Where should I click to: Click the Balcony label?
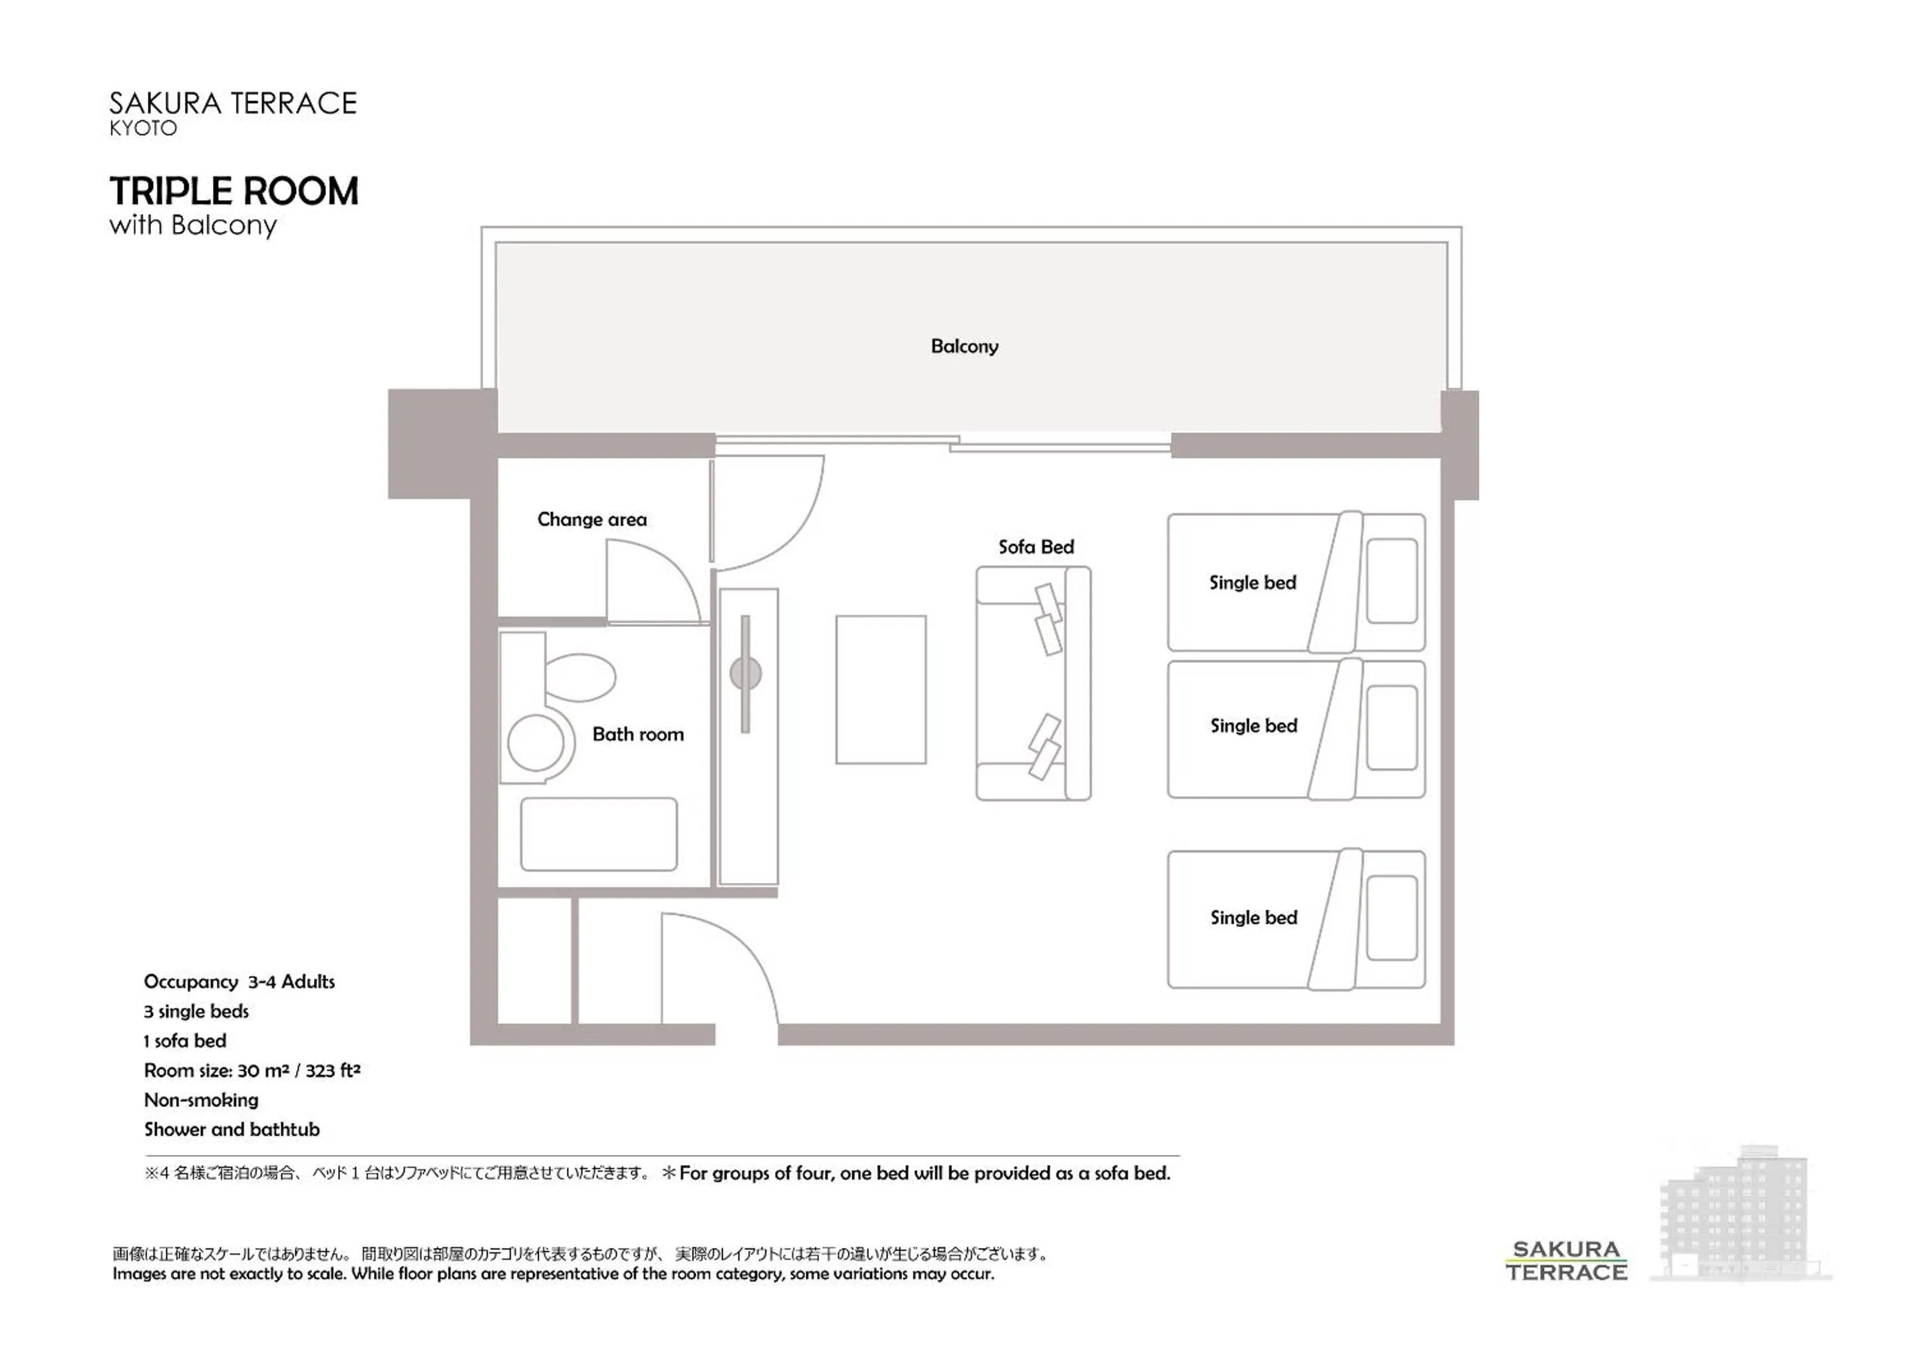tap(964, 346)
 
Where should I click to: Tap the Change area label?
tap(591, 520)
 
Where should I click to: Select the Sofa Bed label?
tap(1036, 547)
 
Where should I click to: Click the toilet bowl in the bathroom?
tap(580, 677)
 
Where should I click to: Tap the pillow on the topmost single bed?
tap(1391, 580)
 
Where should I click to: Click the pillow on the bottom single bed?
tap(1391, 918)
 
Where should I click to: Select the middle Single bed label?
tap(1253, 726)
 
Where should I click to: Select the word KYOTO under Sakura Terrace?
tap(144, 128)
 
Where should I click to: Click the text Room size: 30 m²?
tap(251, 1070)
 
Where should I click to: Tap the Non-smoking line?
tap(201, 1100)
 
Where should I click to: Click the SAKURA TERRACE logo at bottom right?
tap(1565, 1261)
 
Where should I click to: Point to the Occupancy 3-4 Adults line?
tap(239, 982)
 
